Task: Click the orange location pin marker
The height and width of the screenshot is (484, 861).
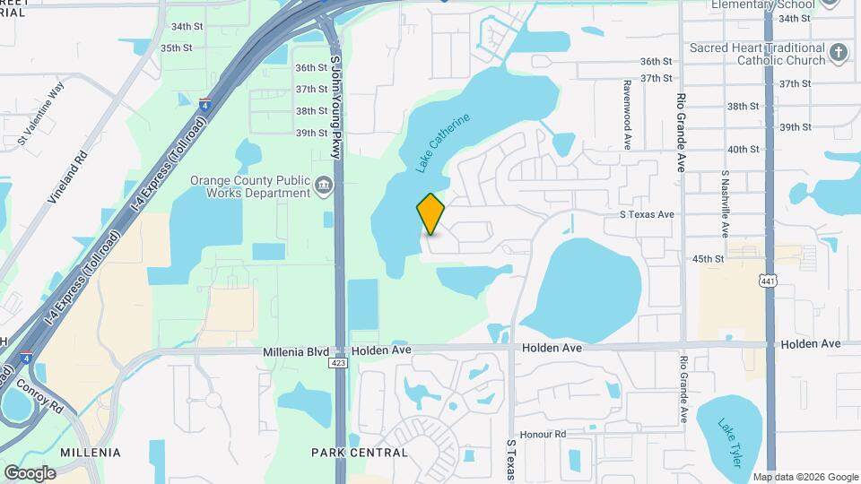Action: click(x=431, y=213)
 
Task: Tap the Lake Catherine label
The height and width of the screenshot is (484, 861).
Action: click(x=443, y=142)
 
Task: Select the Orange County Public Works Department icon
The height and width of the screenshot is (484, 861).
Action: click(x=324, y=186)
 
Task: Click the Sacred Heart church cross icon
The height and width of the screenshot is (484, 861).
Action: click(x=839, y=53)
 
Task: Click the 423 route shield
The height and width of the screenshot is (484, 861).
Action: click(x=338, y=363)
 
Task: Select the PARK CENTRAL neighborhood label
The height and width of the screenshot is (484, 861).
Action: click(x=349, y=453)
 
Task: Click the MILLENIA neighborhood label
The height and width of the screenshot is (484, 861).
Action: click(x=90, y=453)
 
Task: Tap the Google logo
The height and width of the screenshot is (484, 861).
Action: click(x=30, y=472)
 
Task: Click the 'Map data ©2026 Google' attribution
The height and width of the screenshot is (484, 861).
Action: click(x=805, y=477)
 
